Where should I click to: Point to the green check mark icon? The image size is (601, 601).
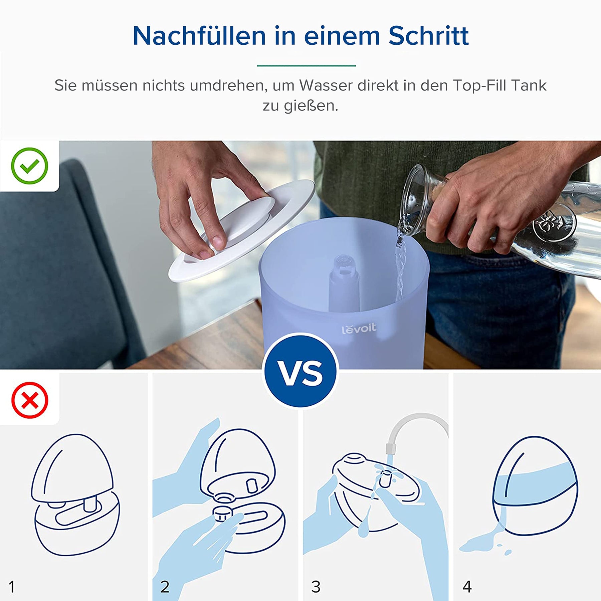[x=29, y=166]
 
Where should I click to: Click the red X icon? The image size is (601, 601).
[x=30, y=400]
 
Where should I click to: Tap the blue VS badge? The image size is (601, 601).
[x=300, y=371]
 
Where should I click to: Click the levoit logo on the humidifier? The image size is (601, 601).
[x=359, y=329]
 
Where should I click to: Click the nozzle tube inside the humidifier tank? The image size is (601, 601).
[x=344, y=284]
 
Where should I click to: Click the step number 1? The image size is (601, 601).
[x=12, y=586]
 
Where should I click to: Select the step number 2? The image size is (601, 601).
[x=165, y=586]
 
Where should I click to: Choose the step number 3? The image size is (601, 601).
[x=316, y=586]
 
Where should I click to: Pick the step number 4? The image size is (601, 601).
[x=467, y=586]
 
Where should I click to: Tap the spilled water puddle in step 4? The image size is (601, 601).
[x=484, y=543]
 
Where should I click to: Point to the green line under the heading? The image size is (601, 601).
[x=306, y=65]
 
